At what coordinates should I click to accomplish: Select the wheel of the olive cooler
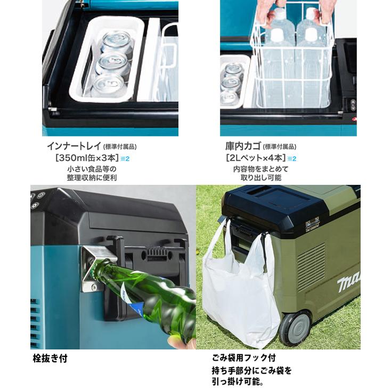click(294, 327)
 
